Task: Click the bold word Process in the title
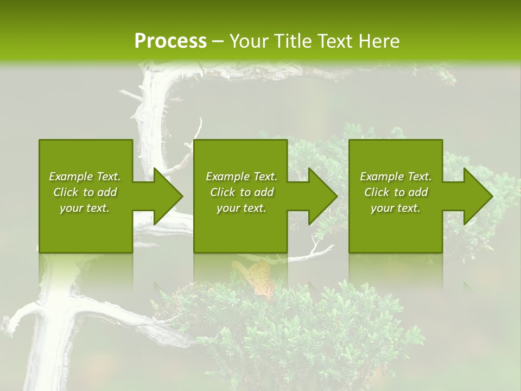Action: tap(170, 41)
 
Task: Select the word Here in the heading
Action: tap(378, 41)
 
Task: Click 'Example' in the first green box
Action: tap(71, 176)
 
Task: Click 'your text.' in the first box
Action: tap(85, 208)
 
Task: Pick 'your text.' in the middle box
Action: tap(242, 208)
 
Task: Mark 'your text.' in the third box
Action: tap(396, 208)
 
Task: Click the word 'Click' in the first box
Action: tap(66, 192)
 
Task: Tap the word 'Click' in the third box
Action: tap(377, 192)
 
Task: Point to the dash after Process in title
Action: tap(218, 41)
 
